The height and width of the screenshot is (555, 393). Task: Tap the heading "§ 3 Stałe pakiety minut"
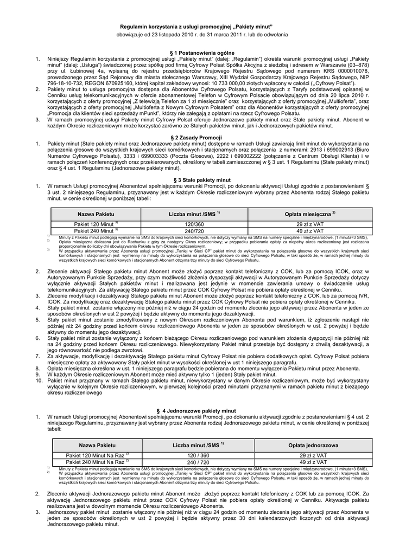tap(196, 179)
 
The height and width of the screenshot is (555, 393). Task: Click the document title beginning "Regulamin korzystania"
tap(196, 26)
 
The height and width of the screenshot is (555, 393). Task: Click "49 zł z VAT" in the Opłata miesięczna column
tap(310, 231)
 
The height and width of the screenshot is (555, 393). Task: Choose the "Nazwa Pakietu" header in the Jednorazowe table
tap(97, 444)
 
